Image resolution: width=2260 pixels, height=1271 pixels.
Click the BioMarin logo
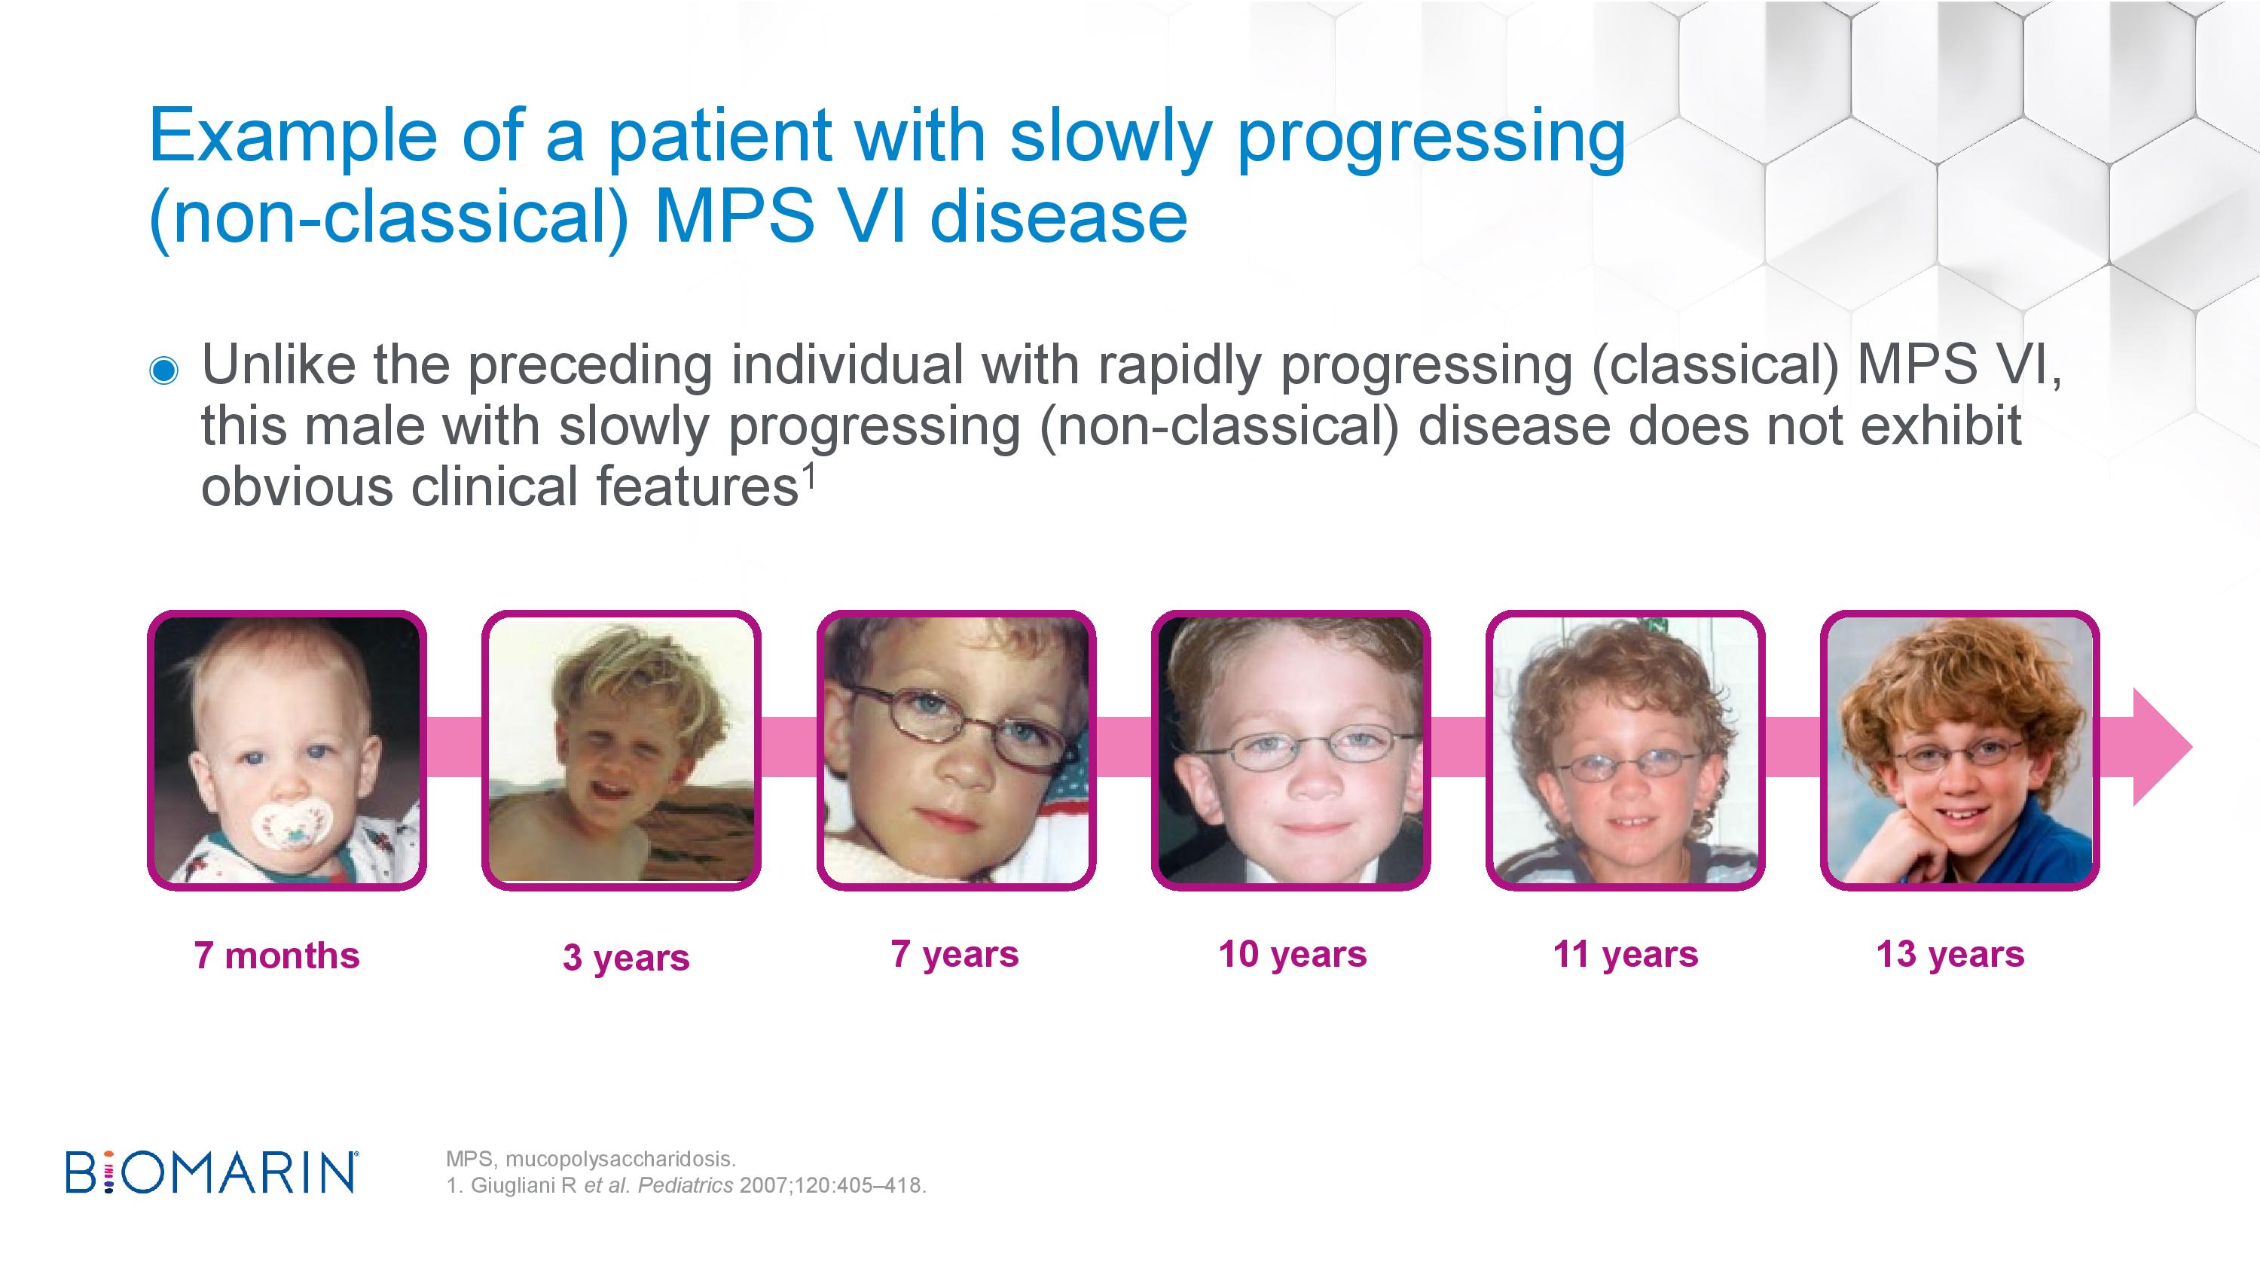point(212,1173)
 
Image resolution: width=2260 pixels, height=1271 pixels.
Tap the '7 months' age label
point(277,956)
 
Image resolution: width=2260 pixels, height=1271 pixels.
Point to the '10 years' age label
point(1292,954)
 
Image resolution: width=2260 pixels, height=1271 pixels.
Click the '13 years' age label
point(1950,954)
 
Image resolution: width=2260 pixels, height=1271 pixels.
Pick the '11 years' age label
point(1626,954)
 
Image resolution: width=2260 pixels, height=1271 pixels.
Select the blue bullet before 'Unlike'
point(164,370)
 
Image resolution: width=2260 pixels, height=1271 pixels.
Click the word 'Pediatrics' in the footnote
point(686,1186)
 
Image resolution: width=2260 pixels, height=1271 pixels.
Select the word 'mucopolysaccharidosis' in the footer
point(620,1160)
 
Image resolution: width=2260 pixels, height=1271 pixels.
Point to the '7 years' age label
point(955,954)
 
